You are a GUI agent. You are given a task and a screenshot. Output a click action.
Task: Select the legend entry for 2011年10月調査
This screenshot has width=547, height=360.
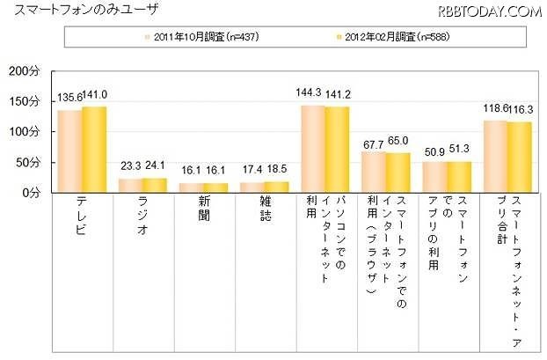pyautogui.click(x=204, y=38)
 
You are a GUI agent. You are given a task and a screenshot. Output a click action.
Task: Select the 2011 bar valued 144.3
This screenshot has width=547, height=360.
pyautogui.click(x=313, y=149)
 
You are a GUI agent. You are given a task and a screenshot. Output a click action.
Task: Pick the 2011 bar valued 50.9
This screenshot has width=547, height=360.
pyautogui.click(x=434, y=176)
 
